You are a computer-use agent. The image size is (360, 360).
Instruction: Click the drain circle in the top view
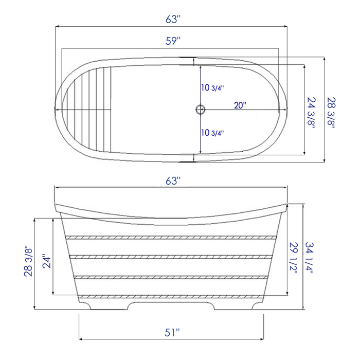tap(200, 109)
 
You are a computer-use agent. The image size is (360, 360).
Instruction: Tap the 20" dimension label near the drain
tap(240, 105)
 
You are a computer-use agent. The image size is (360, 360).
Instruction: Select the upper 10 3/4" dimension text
tap(212, 88)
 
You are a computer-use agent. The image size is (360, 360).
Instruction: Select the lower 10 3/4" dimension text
tap(212, 133)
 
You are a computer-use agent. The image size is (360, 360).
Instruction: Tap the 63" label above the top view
tap(173, 19)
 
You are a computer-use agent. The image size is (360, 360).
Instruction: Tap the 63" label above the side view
tap(173, 181)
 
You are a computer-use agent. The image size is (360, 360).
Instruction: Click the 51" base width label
tap(172, 333)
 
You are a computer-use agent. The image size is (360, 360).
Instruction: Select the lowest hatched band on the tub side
tap(172, 297)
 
